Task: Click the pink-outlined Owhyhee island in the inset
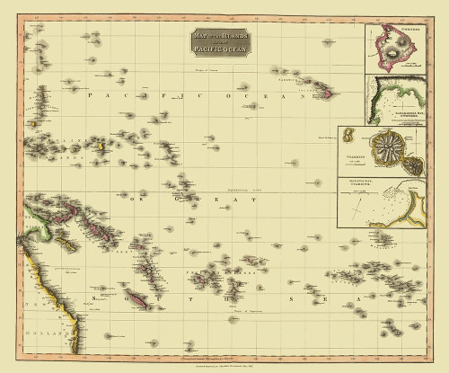point(395,53)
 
